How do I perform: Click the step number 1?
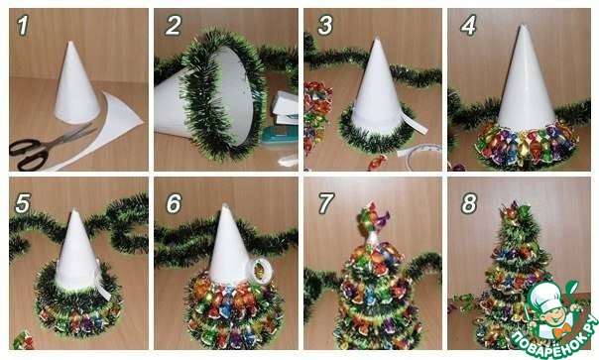click(23, 25)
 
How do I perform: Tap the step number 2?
click(173, 25)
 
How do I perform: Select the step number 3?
click(325, 25)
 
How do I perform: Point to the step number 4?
click(469, 25)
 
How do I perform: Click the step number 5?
click(23, 203)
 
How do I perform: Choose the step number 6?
click(174, 203)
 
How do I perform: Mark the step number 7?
click(326, 203)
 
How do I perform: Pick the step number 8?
click(469, 203)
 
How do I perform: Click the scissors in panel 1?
click(46, 147)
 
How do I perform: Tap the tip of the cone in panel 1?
click(71, 42)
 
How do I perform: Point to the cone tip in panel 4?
click(523, 26)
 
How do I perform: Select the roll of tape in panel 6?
click(260, 270)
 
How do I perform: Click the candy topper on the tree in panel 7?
click(373, 218)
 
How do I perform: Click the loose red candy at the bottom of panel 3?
click(377, 162)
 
